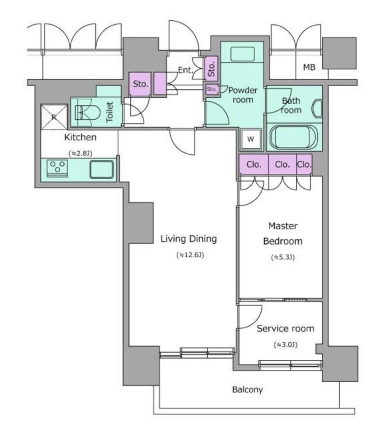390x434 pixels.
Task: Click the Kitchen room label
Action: [x=80, y=137]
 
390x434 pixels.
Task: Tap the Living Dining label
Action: [x=189, y=239]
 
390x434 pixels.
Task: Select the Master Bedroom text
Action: [x=283, y=234]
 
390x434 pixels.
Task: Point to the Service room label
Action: [x=285, y=328]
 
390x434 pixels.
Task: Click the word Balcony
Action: [x=248, y=390]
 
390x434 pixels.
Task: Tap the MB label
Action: [x=309, y=67]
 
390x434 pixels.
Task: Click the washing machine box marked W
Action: [x=251, y=139]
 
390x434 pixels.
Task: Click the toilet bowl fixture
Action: [x=87, y=112]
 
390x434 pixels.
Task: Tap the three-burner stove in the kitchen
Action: [x=57, y=169]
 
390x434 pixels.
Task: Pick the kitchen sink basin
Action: [x=101, y=170]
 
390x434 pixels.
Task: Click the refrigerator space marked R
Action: [x=54, y=117]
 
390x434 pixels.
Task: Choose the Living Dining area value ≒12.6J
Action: [x=190, y=255]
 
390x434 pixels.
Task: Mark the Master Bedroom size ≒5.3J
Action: [x=283, y=257]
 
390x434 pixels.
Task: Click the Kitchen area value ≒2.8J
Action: [x=81, y=153]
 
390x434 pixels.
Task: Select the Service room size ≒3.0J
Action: [x=286, y=345]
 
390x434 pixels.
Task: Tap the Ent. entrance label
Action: [x=185, y=70]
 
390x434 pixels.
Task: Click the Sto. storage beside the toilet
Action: [x=140, y=84]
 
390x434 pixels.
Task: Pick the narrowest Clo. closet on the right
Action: [x=304, y=165]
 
